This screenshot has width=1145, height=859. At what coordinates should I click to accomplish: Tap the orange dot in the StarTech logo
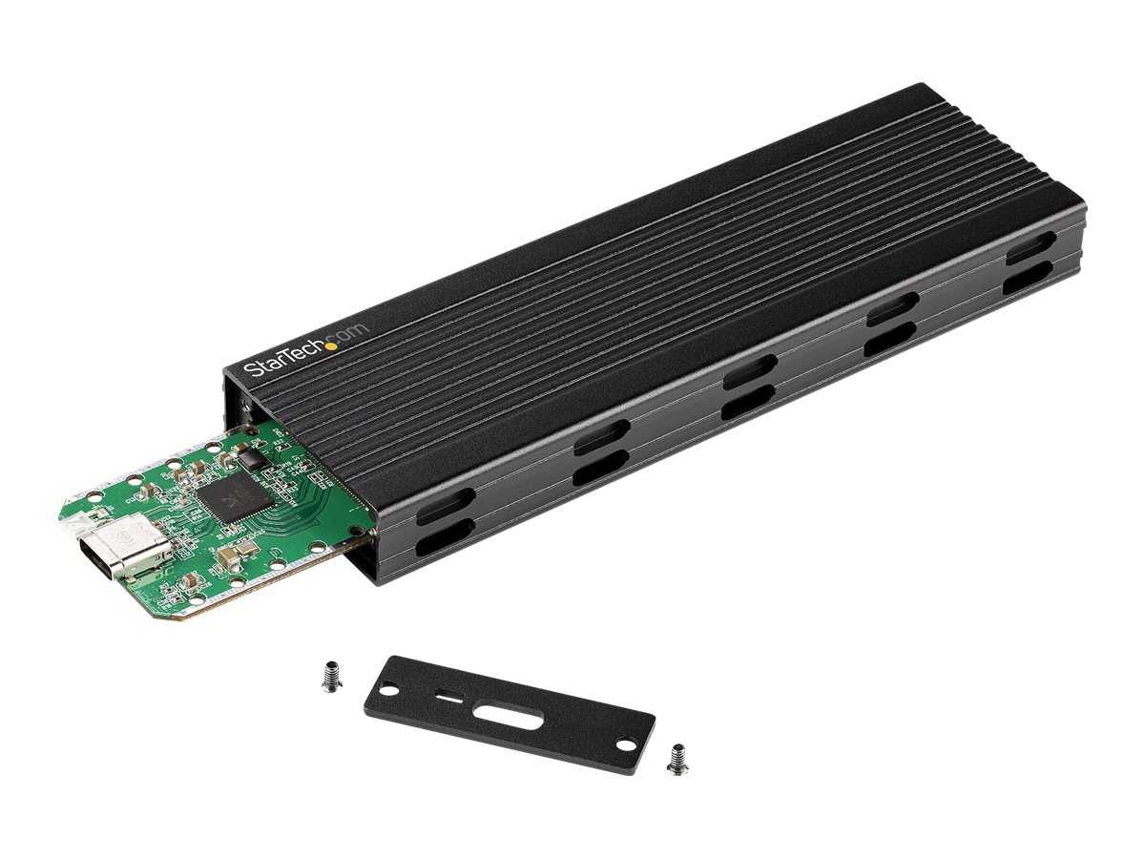pos(331,346)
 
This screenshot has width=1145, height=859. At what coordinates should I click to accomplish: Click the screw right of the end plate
pos(677,758)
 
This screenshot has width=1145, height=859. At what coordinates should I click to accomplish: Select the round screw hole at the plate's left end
pos(388,683)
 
